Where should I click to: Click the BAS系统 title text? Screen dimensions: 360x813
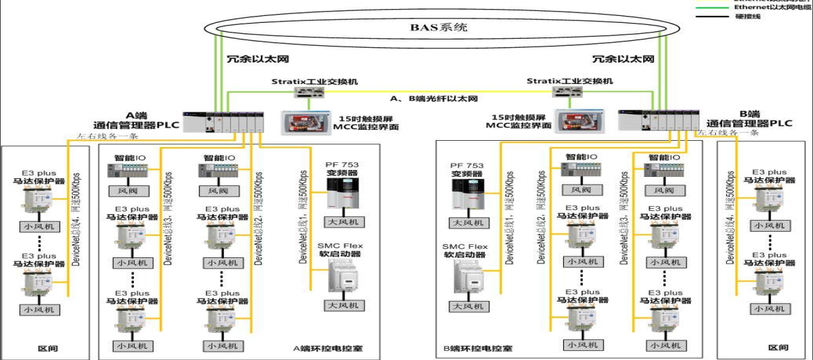pyautogui.click(x=438, y=28)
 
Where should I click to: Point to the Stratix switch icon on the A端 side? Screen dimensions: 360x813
pyautogui.click(x=306, y=92)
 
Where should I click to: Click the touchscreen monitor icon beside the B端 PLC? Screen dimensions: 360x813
pyautogui.click(x=580, y=122)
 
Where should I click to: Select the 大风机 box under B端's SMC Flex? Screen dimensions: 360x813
pyautogui.click(x=467, y=306)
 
